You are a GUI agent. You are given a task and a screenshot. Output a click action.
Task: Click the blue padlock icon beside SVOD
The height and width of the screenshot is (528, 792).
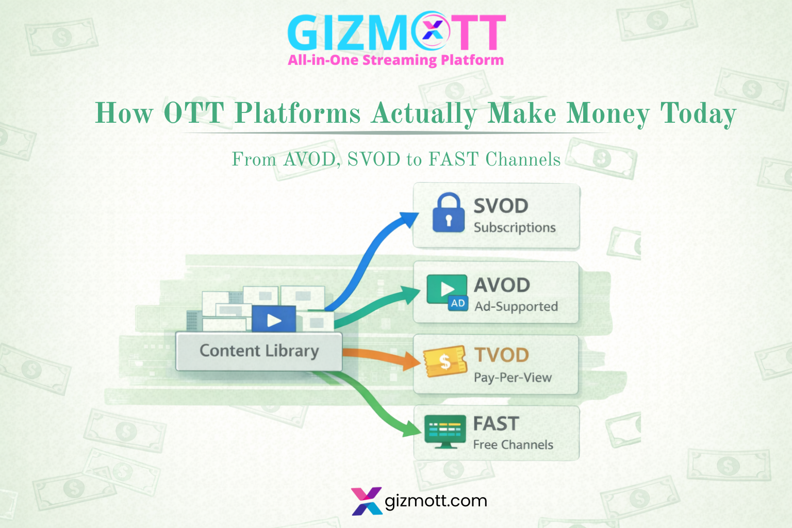[448, 213]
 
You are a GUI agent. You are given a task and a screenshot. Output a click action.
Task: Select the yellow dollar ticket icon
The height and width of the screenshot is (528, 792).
[444, 361]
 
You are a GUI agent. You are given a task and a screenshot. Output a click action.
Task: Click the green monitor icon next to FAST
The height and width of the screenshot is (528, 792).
[441, 432]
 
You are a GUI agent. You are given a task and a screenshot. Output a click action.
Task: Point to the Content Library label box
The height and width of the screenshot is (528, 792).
[259, 351]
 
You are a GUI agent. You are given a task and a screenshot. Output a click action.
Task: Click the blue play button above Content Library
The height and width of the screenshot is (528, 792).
[274, 320]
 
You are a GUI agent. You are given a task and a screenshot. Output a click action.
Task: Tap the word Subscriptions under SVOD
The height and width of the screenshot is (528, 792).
[515, 227]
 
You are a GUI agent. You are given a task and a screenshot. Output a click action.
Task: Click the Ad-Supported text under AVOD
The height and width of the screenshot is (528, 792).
[516, 306]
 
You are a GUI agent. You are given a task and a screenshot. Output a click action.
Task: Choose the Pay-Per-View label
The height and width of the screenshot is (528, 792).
[513, 377]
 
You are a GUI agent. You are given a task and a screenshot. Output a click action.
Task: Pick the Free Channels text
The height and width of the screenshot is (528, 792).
[513, 444]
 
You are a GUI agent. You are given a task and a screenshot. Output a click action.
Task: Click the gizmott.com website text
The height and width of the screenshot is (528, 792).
[436, 501]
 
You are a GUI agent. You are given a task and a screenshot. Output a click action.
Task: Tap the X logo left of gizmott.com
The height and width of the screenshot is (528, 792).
[367, 501]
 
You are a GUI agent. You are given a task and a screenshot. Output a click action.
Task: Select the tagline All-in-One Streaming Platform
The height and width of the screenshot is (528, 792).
[395, 60]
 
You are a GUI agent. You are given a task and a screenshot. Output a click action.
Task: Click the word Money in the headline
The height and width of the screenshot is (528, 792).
[608, 113]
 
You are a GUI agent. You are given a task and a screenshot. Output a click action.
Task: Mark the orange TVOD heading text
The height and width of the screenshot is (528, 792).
[501, 355]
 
